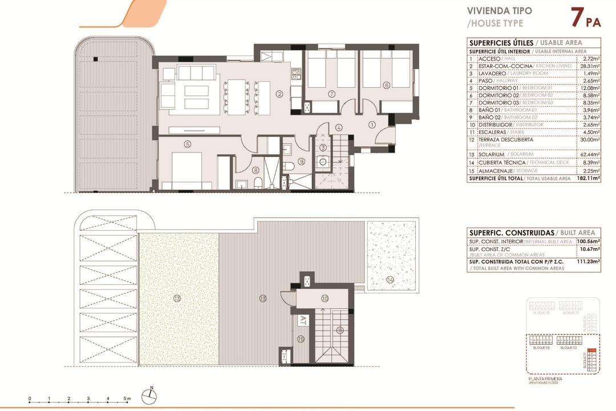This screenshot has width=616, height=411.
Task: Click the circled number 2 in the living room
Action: tap(279, 94)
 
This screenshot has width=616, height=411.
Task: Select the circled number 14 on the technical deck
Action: tap(390, 279)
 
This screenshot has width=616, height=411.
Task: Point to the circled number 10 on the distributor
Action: tap(325, 298)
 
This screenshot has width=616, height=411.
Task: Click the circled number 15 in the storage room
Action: tap(301, 339)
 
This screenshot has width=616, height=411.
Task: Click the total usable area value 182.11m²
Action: tap(589, 178)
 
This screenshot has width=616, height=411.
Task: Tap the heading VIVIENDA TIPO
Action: tap(500, 11)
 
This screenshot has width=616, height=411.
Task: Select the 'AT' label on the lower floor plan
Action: tap(303, 320)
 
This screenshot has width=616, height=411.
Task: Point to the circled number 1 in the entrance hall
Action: tap(371, 124)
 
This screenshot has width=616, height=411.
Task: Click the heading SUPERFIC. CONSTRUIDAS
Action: tap(511, 233)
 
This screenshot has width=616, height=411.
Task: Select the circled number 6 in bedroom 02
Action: tap(386, 86)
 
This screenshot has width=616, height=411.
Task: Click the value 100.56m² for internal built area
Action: tap(589, 241)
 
